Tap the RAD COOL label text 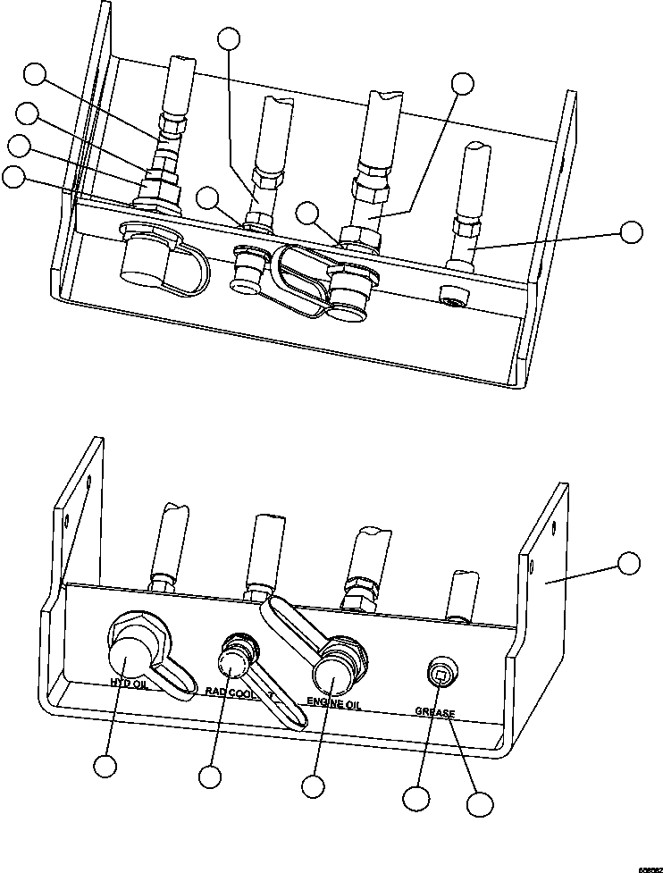230,691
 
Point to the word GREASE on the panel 435,713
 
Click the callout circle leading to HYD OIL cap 106,767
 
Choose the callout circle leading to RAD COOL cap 210,776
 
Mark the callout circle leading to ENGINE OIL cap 312,786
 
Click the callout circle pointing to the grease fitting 414,798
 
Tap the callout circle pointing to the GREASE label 480,803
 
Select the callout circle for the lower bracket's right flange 629,563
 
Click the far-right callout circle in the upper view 631,231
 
